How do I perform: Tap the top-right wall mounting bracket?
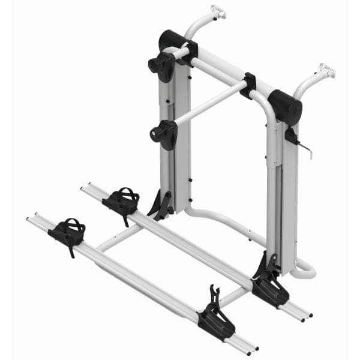click(326, 71)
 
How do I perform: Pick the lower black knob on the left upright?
click(164, 133)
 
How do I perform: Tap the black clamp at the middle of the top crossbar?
click(248, 85)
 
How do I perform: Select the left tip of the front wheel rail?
click(30, 220)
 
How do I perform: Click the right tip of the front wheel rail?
click(255, 349)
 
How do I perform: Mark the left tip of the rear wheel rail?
click(84, 188)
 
